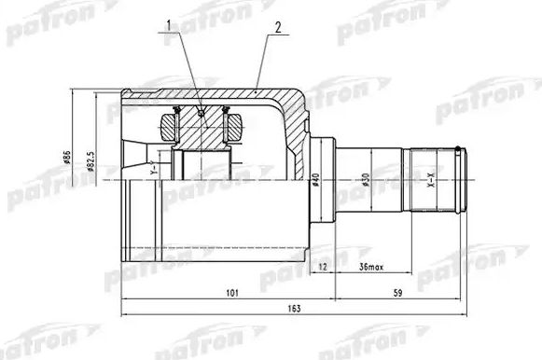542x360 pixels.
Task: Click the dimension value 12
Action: [323, 268]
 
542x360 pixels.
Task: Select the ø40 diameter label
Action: [317, 179]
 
